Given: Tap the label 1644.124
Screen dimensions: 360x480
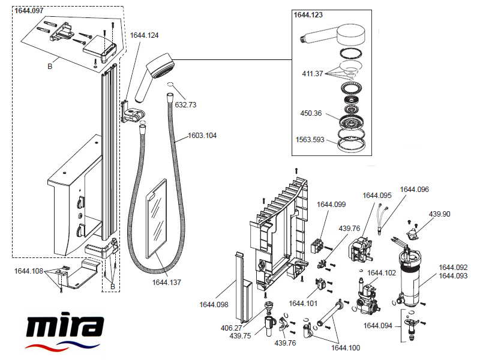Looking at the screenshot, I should [x=145, y=36].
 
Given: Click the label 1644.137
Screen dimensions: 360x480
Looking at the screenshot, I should [x=167, y=282].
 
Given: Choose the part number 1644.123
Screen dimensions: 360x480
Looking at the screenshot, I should [x=308, y=15].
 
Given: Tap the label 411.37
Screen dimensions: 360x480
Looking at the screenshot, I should [x=312, y=74].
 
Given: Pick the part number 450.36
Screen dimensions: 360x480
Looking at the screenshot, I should [x=311, y=113].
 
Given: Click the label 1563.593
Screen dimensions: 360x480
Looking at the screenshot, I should [x=310, y=140].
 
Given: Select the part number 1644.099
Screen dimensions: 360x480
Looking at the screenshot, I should [x=331, y=205].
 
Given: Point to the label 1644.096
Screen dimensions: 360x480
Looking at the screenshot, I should [x=415, y=190].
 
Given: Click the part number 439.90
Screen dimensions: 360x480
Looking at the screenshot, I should [x=440, y=214].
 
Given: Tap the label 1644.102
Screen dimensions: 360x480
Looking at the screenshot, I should [x=382, y=273].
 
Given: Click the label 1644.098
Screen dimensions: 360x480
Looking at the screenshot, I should [x=214, y=304].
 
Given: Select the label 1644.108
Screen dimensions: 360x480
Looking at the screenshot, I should [x=29, y=271].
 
